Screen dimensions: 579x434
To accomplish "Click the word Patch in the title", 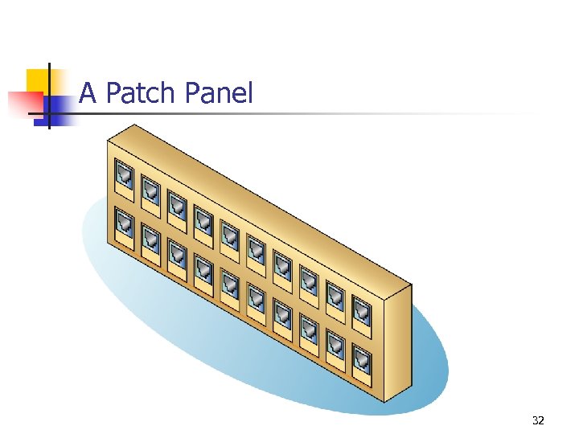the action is pos(142,94).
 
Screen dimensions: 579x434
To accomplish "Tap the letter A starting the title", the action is pos(88,94).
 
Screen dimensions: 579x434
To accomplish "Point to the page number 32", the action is pos(538,420).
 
